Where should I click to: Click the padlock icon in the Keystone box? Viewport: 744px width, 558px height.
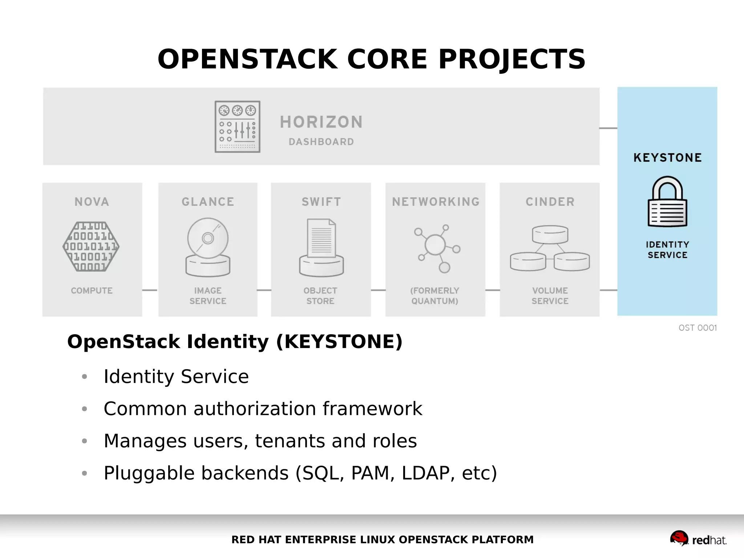(x=667, y=202)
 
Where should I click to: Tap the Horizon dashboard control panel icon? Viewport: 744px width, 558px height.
(x=237, y=127)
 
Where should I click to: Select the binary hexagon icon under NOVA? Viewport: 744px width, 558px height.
(x=91, y=247)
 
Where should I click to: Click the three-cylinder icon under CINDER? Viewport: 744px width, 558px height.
(x=550, y=248)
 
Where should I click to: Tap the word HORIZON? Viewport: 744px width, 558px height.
(x=321, y=122)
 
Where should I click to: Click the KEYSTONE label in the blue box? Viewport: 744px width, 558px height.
(x=667, y=158)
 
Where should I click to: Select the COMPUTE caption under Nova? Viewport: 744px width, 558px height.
(x=92, y=291)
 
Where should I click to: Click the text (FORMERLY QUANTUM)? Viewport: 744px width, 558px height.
(x=435, y=296)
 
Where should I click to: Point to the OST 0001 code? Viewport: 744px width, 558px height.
(x=697, y=328)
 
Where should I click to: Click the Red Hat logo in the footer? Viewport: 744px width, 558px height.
(x=698, y=538)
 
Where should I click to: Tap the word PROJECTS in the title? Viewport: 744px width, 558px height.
(x=511, y=59)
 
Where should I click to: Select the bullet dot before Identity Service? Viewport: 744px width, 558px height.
(x=85, y=377)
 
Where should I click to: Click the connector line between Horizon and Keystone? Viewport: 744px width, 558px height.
(x=608, y=128)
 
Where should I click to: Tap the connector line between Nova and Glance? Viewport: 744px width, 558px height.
(x=150, y=290)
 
